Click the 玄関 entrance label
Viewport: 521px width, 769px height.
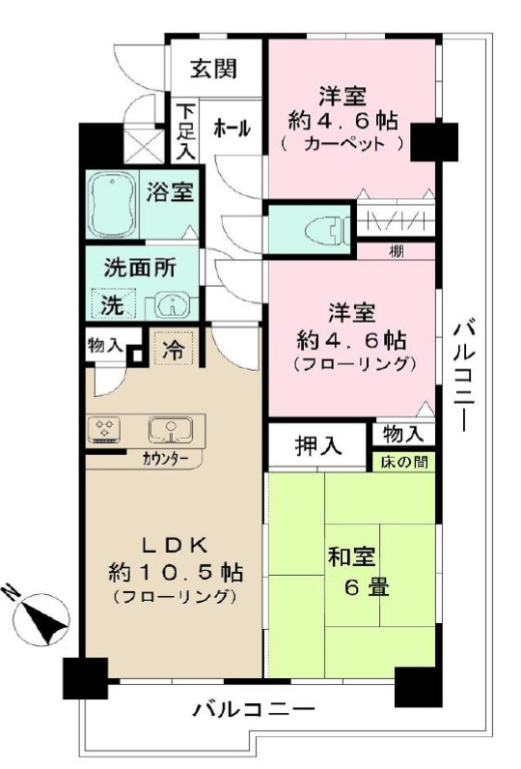coord(212,69)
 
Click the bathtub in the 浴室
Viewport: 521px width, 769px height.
coord(114,205)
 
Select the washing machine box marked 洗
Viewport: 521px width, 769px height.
coord(114,306)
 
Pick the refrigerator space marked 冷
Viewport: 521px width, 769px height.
coord(174,347)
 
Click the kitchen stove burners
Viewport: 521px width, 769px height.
coord(105,428)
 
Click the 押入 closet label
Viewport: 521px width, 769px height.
coord(318,446)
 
